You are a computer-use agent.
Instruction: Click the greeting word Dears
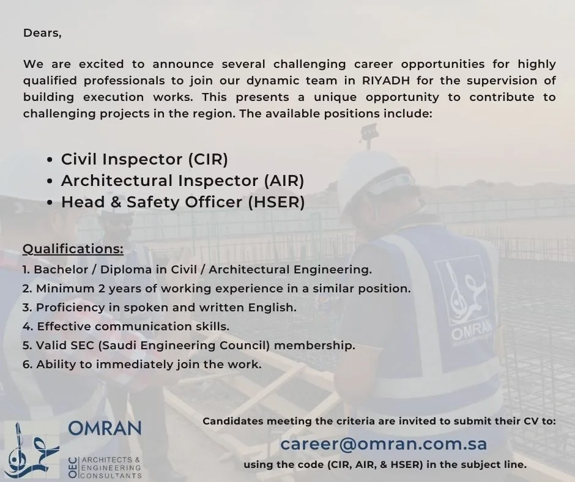tap(42, 34)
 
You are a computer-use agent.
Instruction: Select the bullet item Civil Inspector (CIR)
tap(144, 159)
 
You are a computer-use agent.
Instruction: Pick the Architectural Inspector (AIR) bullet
tap(182, 180)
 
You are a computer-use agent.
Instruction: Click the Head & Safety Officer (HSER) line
tap(182, 202)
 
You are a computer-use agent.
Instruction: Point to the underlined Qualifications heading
tap(73, 249)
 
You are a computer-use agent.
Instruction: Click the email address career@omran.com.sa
tap(384, 443)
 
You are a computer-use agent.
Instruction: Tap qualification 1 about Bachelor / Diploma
tap(197, 269)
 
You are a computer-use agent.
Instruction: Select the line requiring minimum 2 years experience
tap(217, 288)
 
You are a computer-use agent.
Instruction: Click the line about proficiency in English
tap(159, 307)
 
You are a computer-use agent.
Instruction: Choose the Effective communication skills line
tap(126, 326)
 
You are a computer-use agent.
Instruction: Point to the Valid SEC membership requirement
tap(188, 345)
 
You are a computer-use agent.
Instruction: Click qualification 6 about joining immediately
tap(142, 364)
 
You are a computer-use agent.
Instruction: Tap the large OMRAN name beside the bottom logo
tap(105, 428)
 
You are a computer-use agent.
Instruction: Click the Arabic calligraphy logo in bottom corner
tap(32, 450)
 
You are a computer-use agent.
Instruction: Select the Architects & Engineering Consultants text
tap(111, 467)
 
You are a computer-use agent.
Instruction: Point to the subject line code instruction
tap(385, 464)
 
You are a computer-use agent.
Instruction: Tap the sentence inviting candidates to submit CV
tap(379, 421)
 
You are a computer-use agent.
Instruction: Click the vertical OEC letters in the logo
tap(73, 468)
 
